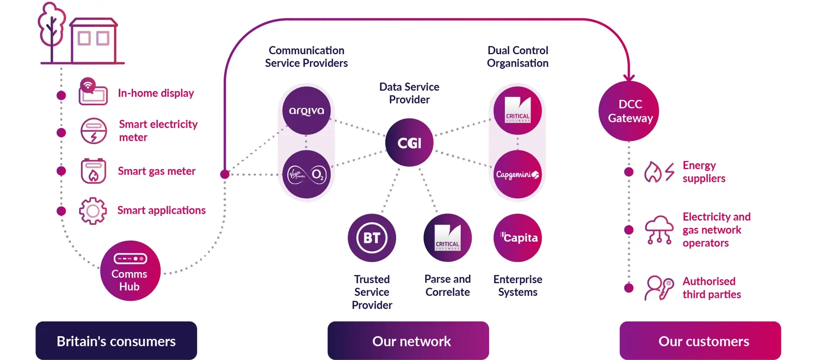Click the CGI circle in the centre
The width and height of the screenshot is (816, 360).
[x=409, y=142]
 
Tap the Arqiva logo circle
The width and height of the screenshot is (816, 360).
[x=306, y=111]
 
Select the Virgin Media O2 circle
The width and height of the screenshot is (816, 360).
[x=306, y=174]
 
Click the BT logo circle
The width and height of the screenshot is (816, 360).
[x=372, y=238]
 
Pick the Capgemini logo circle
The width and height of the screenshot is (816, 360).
[x=518, y=174]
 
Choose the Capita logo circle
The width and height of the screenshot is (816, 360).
[x=518, y=238]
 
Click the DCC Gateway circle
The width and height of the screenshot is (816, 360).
[x=629, y=111]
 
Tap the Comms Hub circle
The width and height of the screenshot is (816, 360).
[x=130, y=271]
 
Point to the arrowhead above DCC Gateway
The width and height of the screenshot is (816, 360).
[x=629, y=78]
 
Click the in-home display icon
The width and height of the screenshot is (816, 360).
[x=93, y=92]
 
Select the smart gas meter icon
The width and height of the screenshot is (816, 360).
[x=93, y=171]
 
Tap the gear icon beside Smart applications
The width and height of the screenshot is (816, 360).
[x=93, y=211]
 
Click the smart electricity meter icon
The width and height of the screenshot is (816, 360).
[x=93, y=131]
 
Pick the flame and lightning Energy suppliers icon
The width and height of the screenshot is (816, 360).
[x=659, y=172]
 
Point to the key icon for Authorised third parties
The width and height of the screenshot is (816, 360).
[x=659, y=288]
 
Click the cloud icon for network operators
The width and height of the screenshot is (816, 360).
[x=659, y=230]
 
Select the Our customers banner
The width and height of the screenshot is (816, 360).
[x=700, y=341]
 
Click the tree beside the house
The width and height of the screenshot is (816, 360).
[x=52, y=32]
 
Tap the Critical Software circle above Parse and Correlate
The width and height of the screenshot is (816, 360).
[x=448, y=238]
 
